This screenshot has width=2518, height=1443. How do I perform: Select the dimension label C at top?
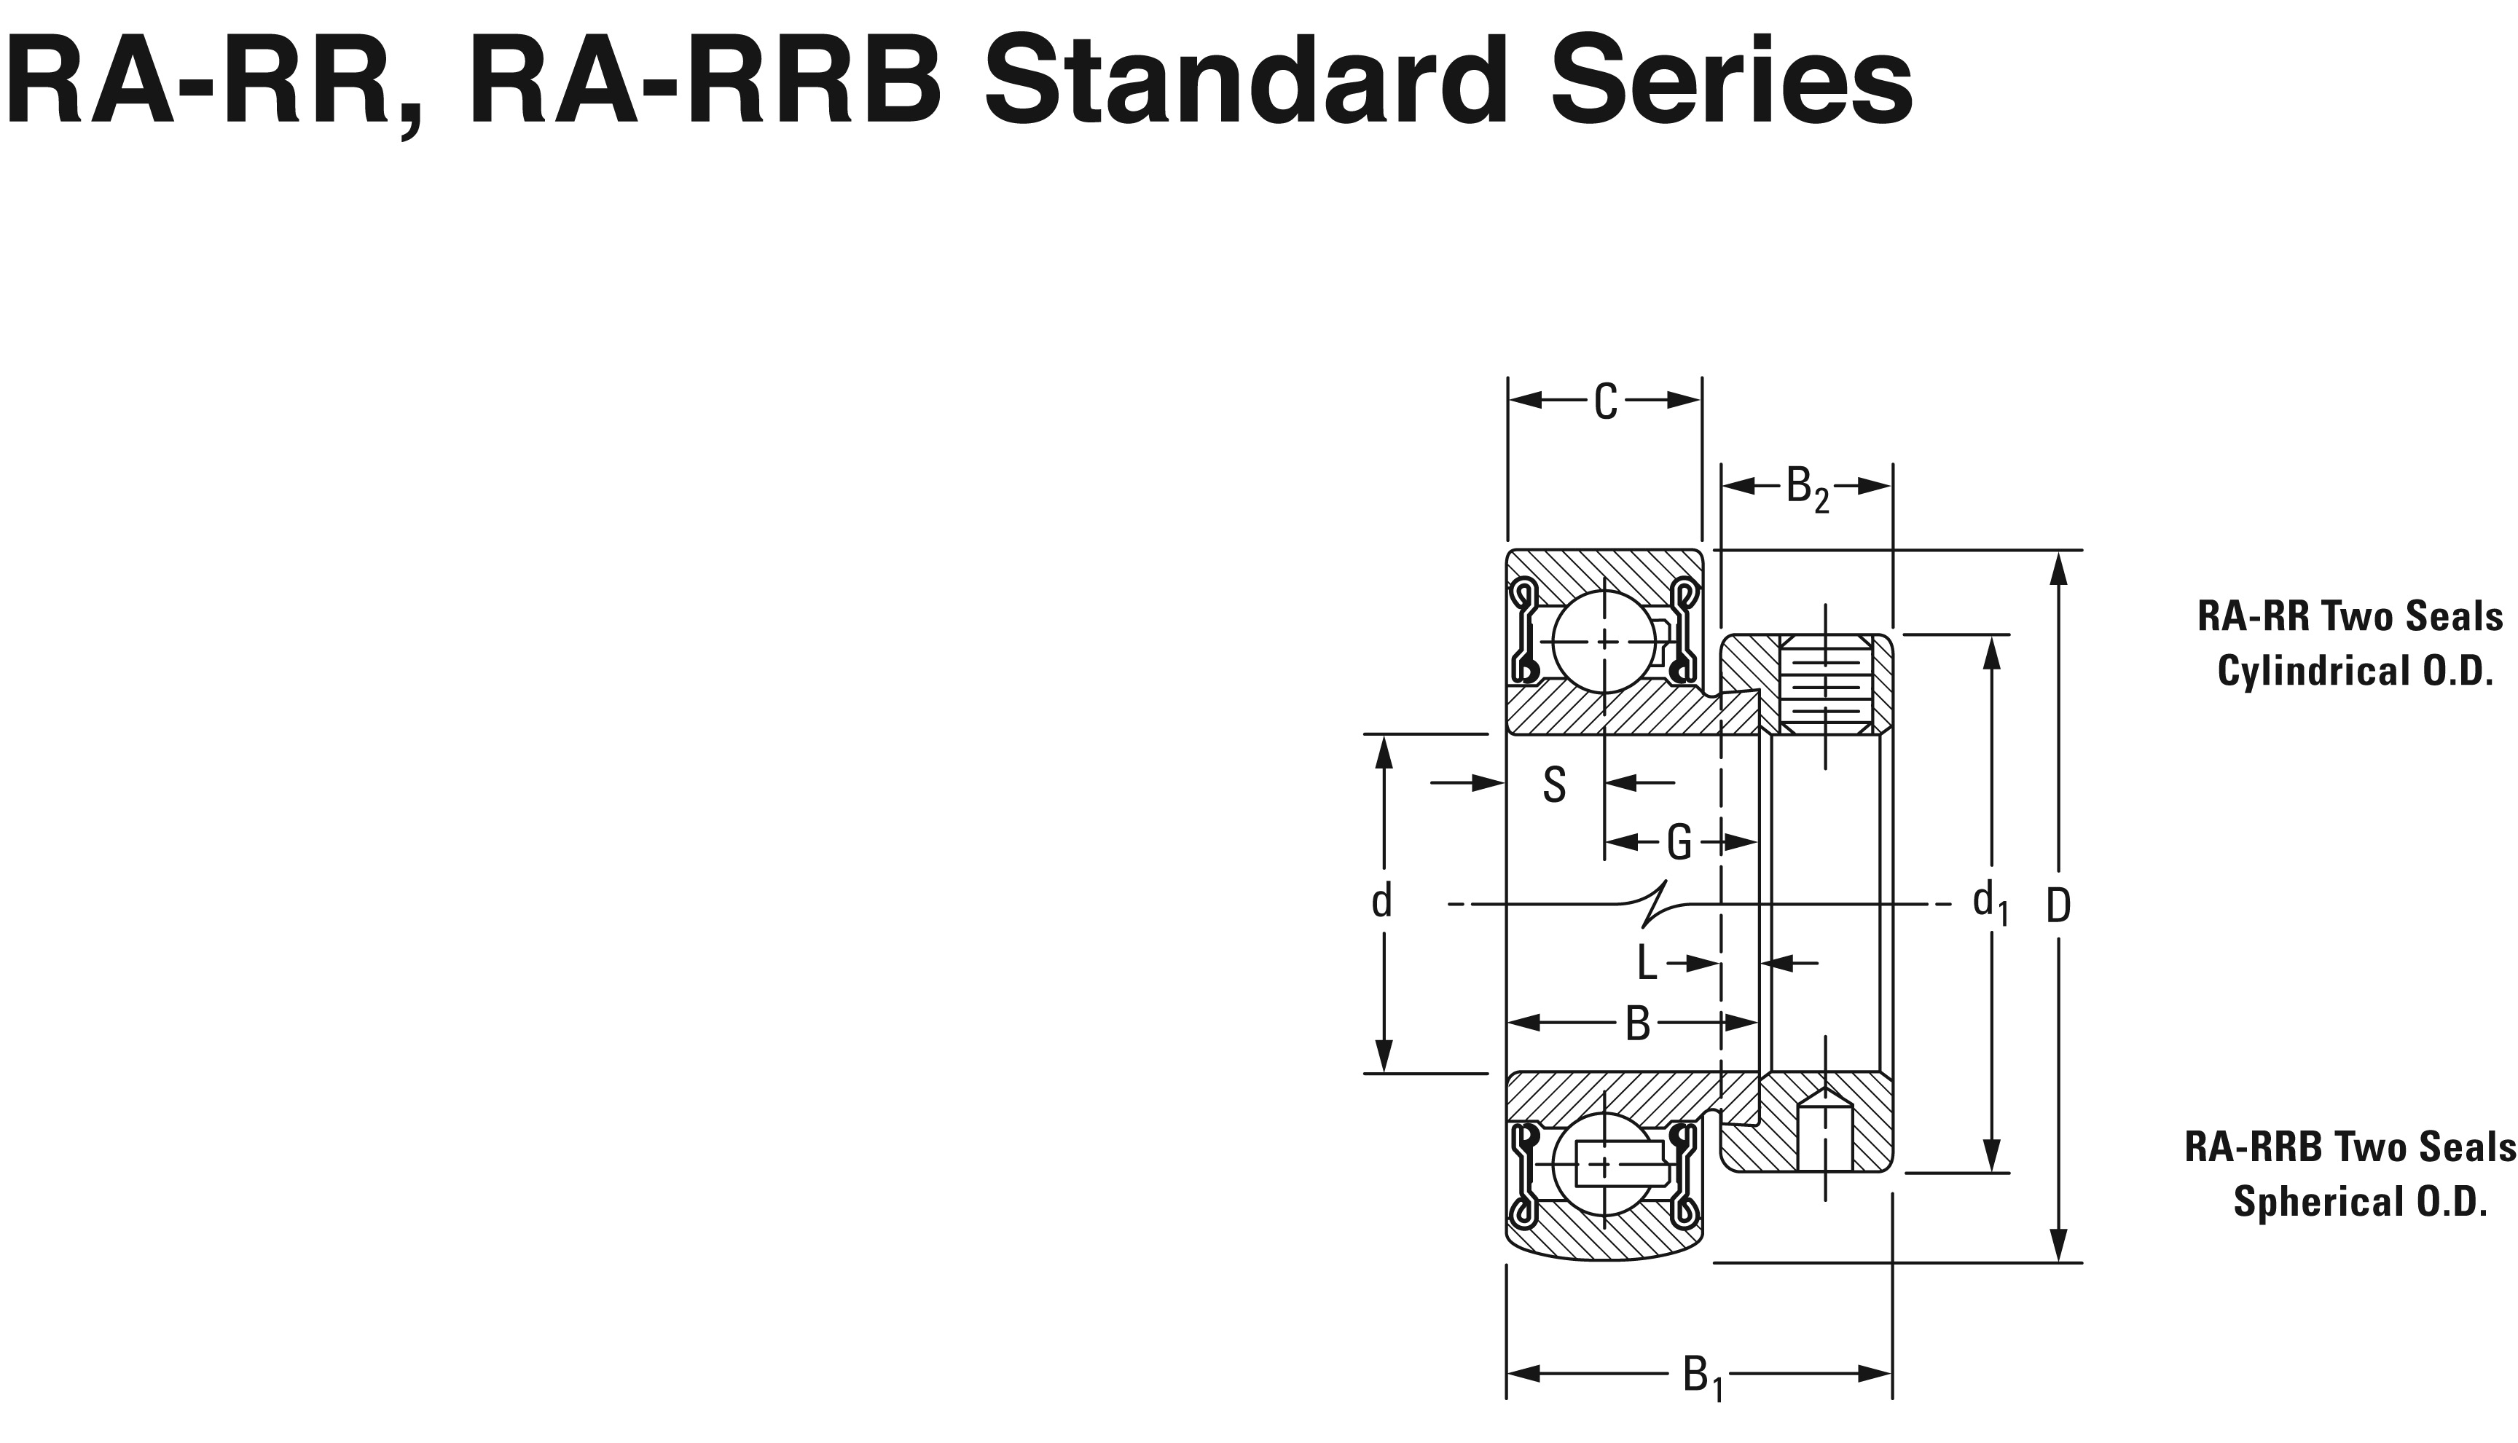1605,402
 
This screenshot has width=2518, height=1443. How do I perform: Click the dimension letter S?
1554,785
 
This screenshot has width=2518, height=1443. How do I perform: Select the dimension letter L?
1646,962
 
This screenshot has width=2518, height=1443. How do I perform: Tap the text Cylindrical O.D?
2354,672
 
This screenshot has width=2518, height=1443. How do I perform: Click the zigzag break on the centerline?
1655,904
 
